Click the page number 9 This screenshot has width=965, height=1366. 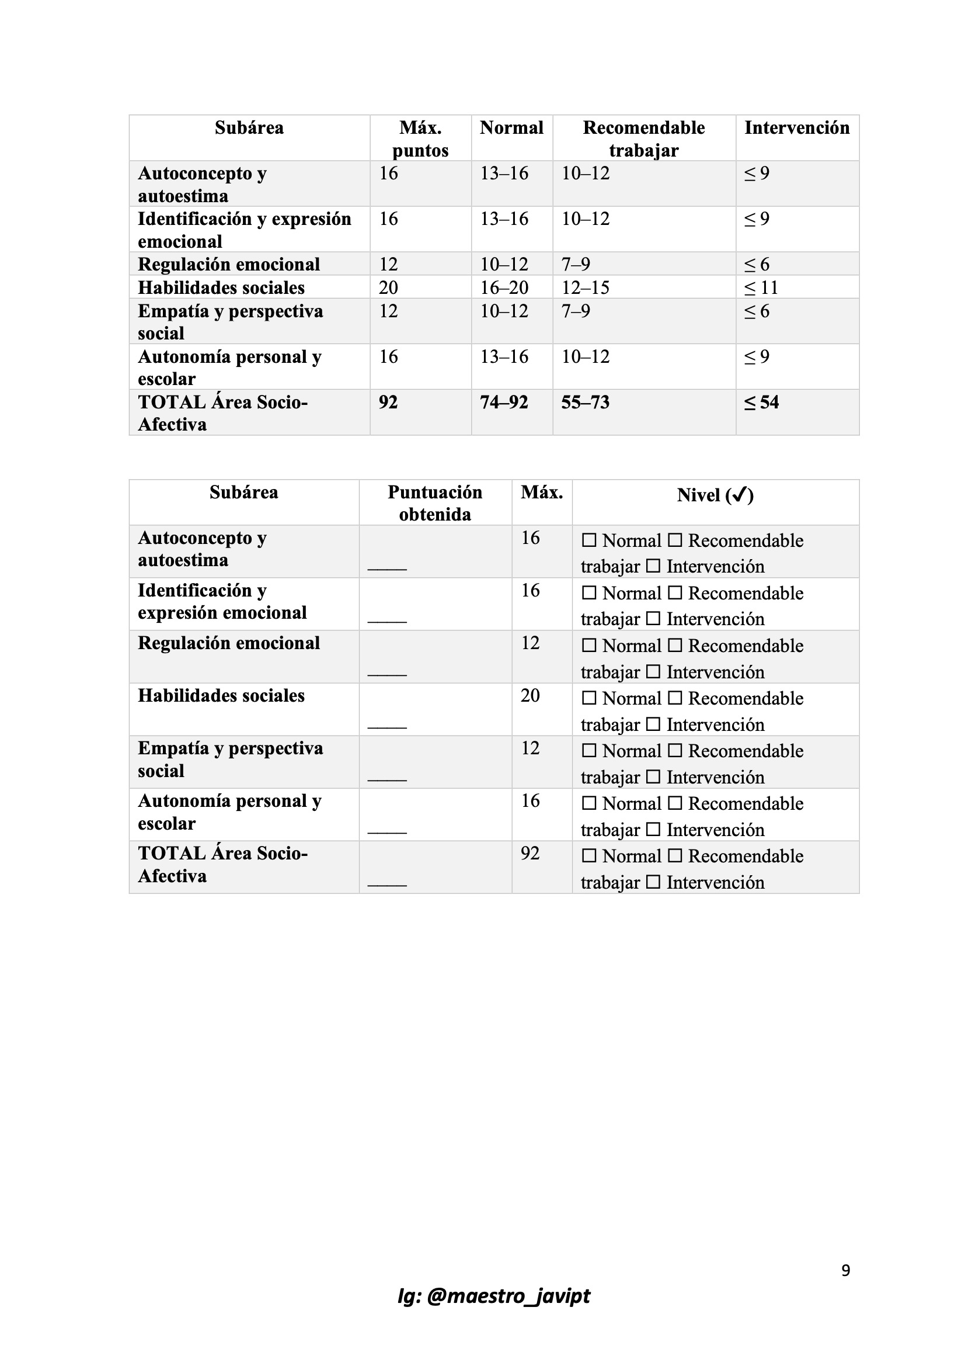[x=845, y=1270]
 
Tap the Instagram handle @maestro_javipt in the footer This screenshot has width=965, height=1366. [x=493, y=1295]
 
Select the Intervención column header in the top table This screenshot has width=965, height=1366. [x=797, y=128]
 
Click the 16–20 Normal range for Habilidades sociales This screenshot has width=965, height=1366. [x=504, y=288]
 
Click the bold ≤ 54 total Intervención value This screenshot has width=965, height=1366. [x=761, y=403]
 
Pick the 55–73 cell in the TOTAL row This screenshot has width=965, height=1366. [x=585, y=403]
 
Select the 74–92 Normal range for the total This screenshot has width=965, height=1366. [x=504, y=403]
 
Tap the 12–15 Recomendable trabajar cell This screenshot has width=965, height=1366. [x=586, y=288]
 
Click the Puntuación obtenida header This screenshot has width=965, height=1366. [x=435, y=503]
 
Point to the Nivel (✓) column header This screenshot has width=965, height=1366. [x=715, y=495]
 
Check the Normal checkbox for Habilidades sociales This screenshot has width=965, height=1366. [x=588, y=698]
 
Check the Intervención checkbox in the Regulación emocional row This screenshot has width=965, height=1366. [x=653, y=672]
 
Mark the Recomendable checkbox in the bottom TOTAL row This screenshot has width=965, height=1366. [x=675, y=855]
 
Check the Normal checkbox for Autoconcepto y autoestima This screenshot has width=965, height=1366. [x=588, y=540]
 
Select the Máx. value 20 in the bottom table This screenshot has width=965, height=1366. [x=530, y=695]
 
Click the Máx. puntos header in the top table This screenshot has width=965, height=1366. [x=420, y=139]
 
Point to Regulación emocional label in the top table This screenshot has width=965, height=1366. [x=229, y=264]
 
